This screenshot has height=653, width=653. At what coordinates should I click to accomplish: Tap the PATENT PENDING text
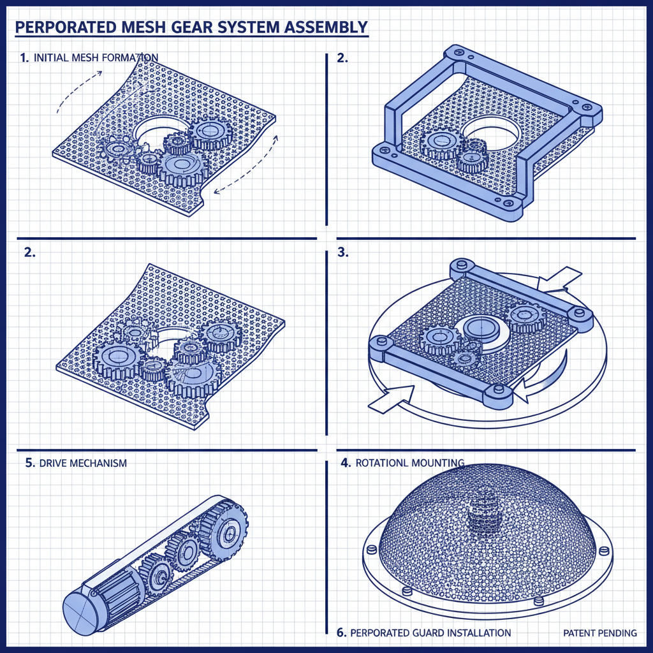tap(600, 633)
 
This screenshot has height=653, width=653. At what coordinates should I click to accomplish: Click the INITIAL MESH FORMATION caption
tap(96, 58)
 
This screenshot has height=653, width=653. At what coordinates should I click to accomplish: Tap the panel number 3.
tap(343, 252)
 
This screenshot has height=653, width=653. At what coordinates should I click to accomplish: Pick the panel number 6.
tap(341, 633)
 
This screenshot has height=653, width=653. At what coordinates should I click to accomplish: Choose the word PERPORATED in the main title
tap(60, 27)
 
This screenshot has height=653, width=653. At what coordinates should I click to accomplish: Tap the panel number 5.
tap(29, 463)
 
